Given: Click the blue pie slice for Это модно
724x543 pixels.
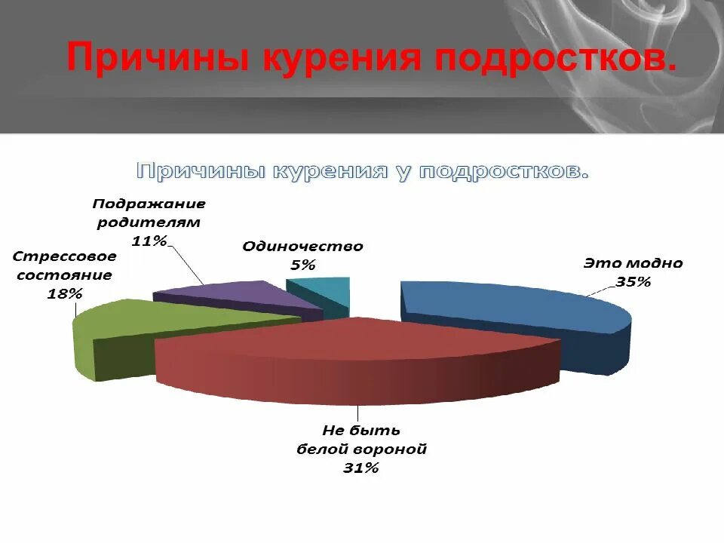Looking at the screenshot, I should point(513,305).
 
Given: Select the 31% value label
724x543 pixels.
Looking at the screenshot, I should point(360,468).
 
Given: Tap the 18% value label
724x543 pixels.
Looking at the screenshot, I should point(64,293).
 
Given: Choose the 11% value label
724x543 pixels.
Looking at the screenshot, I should point(149,241).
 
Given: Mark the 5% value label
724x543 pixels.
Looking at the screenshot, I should point(302,265).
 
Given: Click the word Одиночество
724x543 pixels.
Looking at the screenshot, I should point(302,247).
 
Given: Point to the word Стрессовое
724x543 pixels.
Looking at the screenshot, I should point(64,256).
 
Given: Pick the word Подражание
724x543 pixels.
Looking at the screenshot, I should point(149,204).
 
